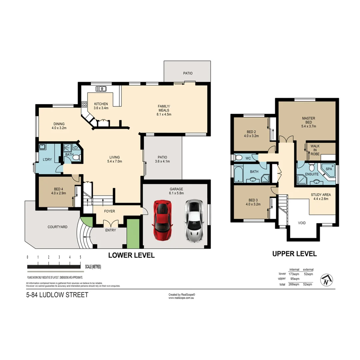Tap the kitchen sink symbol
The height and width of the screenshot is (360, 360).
coord(101,89)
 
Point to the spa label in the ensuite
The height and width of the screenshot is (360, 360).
coord(329,169)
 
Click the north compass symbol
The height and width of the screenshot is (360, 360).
coord(326,280)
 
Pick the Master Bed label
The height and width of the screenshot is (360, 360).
coord(308,122)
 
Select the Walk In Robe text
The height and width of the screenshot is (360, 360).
coord(315,150)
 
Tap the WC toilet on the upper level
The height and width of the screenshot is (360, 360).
coord(238,158)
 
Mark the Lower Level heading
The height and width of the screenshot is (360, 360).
coord(131,256)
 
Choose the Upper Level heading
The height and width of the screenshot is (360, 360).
coord(294,254)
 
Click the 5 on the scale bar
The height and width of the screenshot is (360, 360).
coord(80,257)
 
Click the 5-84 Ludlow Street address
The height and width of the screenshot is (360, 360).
coord(57,295)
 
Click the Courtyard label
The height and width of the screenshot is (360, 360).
coord(57,227)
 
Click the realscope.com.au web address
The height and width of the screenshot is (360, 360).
coord(181,298)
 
